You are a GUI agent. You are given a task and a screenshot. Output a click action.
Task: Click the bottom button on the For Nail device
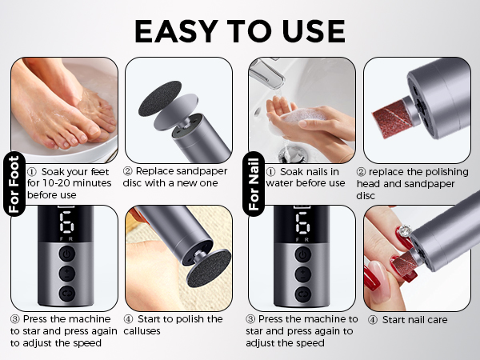click(304, 293)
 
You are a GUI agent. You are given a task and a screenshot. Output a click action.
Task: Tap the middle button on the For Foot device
click(66, 274)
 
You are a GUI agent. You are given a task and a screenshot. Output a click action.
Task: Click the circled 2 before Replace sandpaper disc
click(128, 171)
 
